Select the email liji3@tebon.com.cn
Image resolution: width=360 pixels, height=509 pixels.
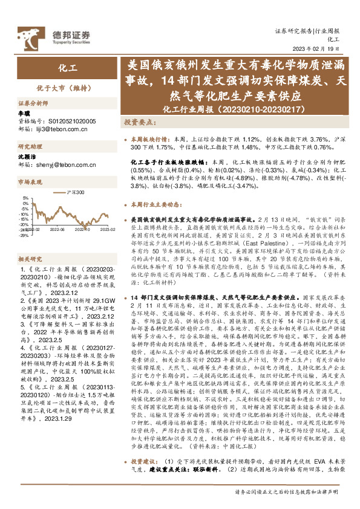pyautogui.click(x=58, y=129)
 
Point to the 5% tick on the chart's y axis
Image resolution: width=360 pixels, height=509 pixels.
pyautogui.click(x=25, y=198)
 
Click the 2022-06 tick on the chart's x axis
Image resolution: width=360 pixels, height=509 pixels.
pyautogui.click(x=57, y=230)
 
